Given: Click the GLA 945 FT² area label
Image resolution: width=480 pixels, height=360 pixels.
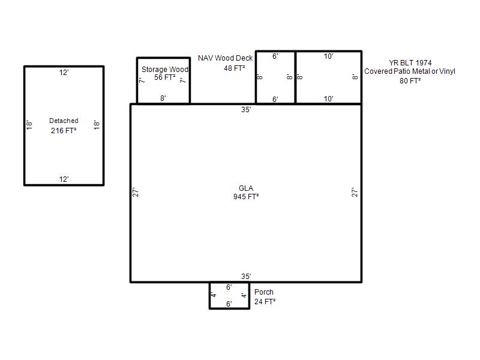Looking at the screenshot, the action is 246,193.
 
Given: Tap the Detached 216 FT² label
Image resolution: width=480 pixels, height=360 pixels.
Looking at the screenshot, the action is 64,126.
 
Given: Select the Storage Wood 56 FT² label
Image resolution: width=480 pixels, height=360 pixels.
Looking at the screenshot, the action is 164,73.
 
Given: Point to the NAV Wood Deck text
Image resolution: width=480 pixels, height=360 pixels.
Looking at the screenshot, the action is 226,58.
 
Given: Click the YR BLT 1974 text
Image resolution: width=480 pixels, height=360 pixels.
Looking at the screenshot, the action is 410,63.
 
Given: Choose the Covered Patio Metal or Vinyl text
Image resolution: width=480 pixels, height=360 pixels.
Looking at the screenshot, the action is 410,71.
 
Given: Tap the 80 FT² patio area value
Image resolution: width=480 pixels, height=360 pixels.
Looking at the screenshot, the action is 410,80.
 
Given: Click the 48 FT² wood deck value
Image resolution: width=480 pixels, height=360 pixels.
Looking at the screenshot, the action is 234,68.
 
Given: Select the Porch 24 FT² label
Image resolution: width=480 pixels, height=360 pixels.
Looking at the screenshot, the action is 265,296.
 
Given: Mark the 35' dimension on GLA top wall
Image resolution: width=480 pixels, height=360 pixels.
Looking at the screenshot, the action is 246,110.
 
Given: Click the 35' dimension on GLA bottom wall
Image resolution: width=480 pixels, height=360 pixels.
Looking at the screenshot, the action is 246,277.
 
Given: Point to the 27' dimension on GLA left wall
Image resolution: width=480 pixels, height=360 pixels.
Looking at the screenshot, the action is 136,192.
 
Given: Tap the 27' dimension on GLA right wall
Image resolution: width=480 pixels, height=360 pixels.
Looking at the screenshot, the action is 355,192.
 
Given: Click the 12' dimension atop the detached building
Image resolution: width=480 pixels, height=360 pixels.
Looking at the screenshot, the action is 64,73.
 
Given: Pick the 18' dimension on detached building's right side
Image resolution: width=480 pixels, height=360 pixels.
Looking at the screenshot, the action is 97,125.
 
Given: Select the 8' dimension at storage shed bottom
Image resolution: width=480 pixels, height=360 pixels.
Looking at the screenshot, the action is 163,98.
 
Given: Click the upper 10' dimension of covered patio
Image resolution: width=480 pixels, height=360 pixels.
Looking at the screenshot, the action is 328,56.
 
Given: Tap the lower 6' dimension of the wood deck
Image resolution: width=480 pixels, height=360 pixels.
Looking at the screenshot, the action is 275,100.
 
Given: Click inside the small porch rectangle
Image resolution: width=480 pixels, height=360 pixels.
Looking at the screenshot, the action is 230,296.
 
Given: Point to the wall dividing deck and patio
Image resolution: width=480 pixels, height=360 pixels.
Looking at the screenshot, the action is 295,77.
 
